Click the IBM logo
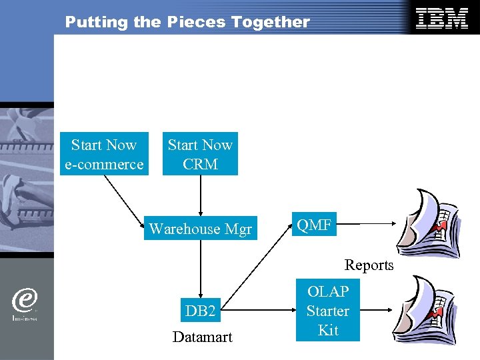441,19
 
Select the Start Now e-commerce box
103,155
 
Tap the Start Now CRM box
200,155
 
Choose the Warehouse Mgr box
201,229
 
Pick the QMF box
315,225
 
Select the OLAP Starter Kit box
327,311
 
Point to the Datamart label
202,337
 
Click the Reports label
369,265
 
